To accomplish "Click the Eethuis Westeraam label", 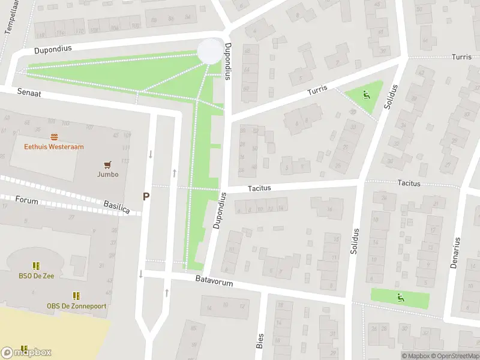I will [x=54, y=146].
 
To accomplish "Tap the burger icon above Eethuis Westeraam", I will [x=54, y=137].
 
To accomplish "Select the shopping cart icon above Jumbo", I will [x=108, y=164].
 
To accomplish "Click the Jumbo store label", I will [x=108, y=175].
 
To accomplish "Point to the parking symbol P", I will [x=146, y=196].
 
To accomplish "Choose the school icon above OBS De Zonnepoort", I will [x=76, y=296].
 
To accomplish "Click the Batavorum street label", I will [x=214, y=280].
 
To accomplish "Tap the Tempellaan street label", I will [x=11, y=18].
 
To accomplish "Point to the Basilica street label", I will [x=116, y=207].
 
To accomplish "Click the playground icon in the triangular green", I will [x=366, y=94].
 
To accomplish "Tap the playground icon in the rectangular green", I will [x=400, y=296].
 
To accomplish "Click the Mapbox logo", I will [x=26, y=353].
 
